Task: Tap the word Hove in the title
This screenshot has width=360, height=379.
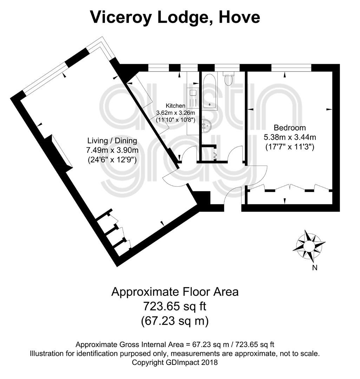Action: pyautogui.click(x=240, y=17)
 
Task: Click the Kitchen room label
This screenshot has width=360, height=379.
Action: pyautogui.click(x=175, y=106)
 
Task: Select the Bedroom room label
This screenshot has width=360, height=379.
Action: pyautogui.click(x=290, y=127)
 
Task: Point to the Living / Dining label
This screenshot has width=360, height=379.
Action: pyautogui.click(x=112, y=141)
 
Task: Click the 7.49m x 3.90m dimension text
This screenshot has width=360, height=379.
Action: pyautogui.click(x=112, y=150)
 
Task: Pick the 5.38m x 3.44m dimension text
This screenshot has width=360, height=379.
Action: pyautogui.click(x=290, y=137)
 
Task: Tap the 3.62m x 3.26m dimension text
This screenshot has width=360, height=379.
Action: pyautogui.click(x=176, y=113)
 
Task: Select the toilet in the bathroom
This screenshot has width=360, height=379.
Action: pyautogui.click(x=228, y=78)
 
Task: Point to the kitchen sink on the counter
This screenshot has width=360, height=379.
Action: pyautogui.click(x=192, y=93)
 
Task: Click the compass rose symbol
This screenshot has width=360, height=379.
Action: pyautogui.click(x=309, y=247)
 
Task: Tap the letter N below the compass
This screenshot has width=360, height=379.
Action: pyautogui.click(x=314, y=268)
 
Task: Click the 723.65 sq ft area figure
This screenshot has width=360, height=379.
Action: pyautogui.click(x=175, y=306)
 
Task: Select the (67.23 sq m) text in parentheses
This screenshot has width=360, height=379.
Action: pyautogui.click(x=175, y=321)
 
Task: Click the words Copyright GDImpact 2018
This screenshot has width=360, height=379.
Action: pyautogui.click(x=175, y=363)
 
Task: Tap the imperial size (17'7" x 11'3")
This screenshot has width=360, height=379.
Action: pyautogui.click(x=290, y=147)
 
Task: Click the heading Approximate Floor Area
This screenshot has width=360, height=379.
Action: pyautogui.click(x=175, y=292)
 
